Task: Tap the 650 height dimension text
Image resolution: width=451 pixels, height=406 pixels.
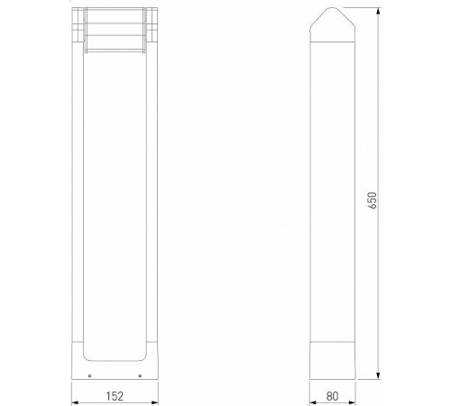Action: pyautogui.click(x=372, y=200)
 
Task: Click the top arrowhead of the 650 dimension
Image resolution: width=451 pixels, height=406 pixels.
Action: pyautogui.click(x=378, y=11)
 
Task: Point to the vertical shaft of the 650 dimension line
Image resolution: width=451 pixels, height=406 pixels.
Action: pyautogui.click(x=378, y=271)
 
